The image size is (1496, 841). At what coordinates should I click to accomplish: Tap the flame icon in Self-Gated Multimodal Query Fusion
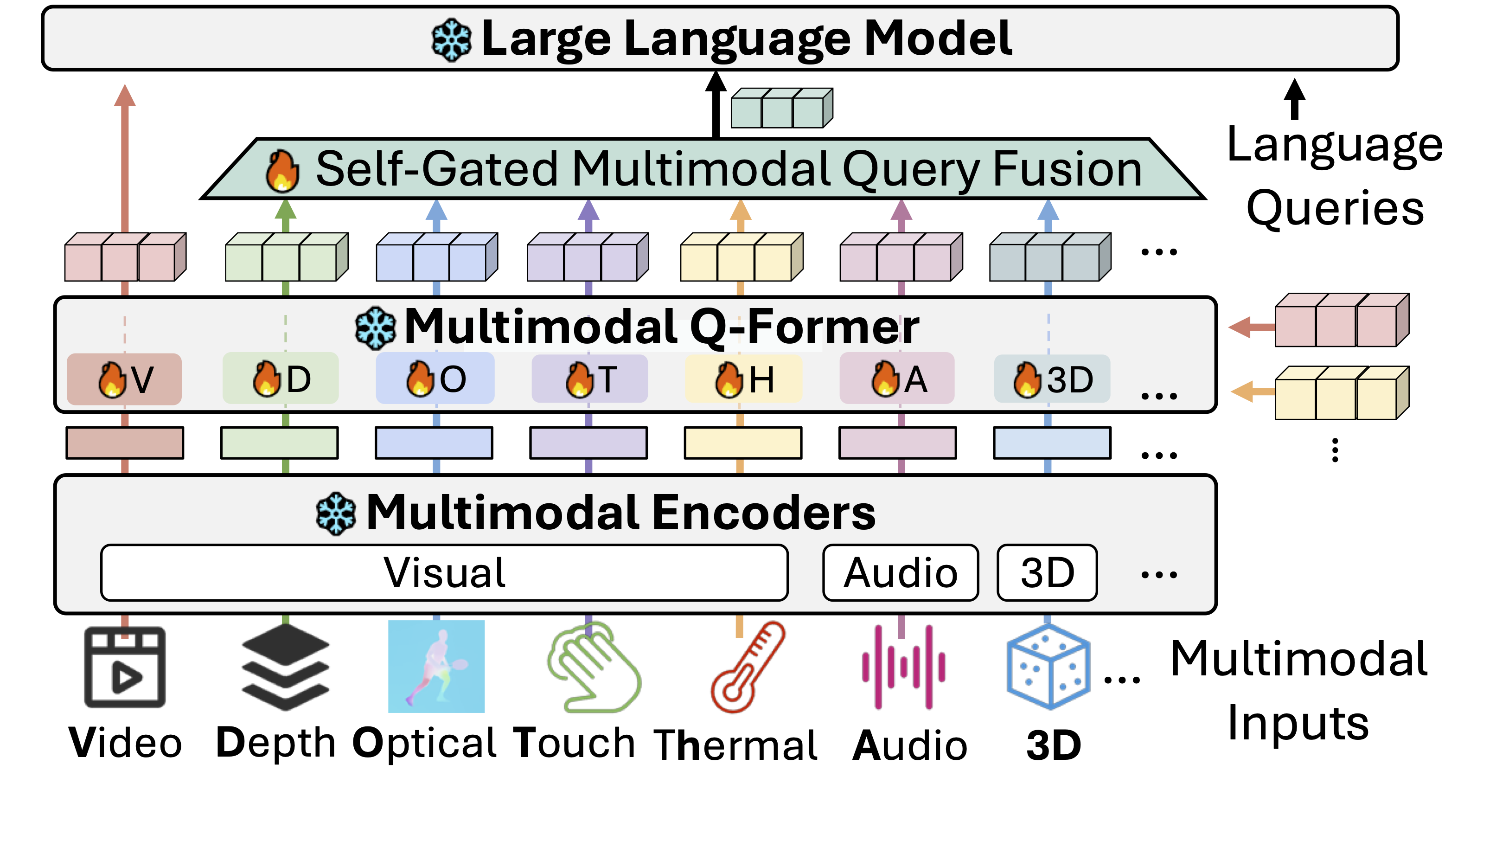[282, 171]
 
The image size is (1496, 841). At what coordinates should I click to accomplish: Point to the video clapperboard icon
[125, 667]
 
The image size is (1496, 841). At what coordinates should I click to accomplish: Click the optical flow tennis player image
[436, 667]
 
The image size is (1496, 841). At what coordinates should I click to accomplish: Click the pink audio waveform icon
[903, 667]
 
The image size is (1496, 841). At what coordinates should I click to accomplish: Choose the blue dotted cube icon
[1048, 667]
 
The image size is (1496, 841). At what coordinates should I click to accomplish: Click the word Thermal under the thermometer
[735, 745]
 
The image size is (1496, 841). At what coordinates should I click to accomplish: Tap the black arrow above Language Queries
[1294, 99]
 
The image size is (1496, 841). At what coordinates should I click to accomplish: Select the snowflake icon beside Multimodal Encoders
[336, 514]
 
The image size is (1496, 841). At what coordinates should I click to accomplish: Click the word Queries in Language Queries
[1335, 208]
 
